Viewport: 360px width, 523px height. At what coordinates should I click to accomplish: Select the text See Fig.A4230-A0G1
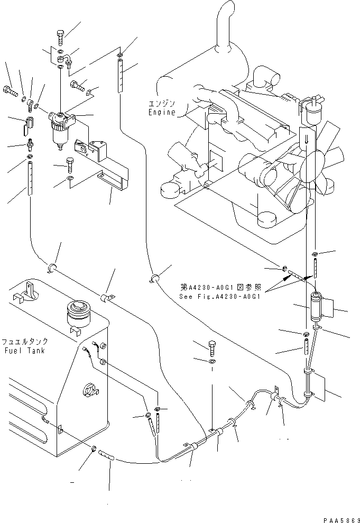(x=220, y=296)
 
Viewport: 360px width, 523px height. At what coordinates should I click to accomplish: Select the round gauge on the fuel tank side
(x=88, y=392)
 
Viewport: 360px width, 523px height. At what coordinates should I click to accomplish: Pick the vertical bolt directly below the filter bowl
(x=69, y=164)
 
